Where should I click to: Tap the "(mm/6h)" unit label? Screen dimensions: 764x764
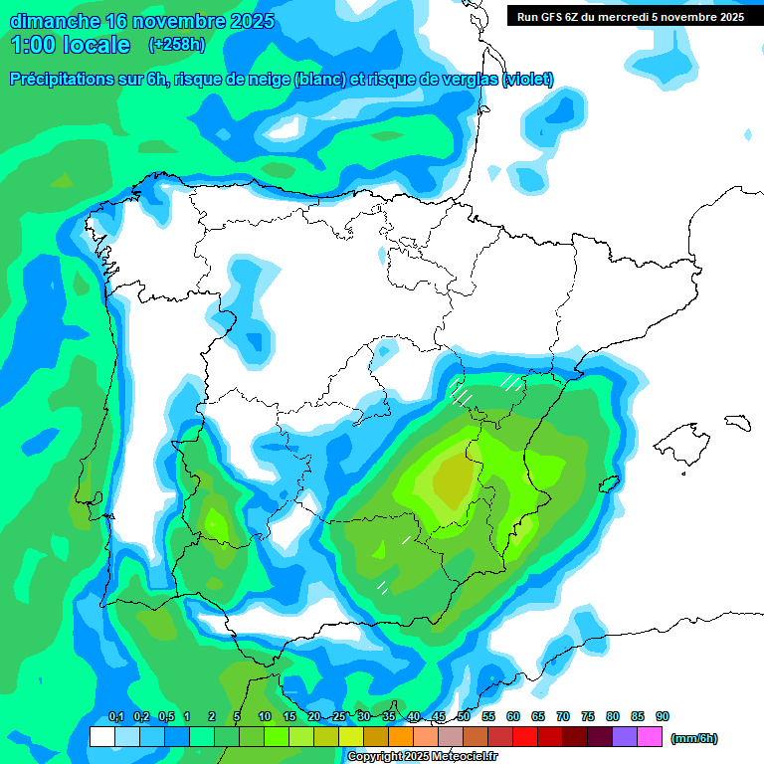pos(693,738)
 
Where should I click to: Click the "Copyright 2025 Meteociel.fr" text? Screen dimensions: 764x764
pos(422,757)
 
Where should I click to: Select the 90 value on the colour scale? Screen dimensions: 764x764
pos(663,716)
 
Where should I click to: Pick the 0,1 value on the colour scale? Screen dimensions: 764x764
pos(115,716)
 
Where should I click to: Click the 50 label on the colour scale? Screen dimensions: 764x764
pos(464,716)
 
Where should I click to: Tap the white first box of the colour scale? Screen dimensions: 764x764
pos(101,737)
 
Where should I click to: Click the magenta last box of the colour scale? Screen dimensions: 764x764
pos(650,737)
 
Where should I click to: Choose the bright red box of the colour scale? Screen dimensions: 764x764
pos(525,737)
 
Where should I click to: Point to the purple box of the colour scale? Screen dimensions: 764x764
pos(625,737)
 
